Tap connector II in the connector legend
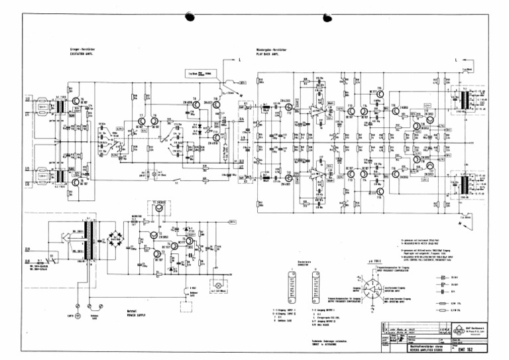pyautogui.click(x=314, y=286)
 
